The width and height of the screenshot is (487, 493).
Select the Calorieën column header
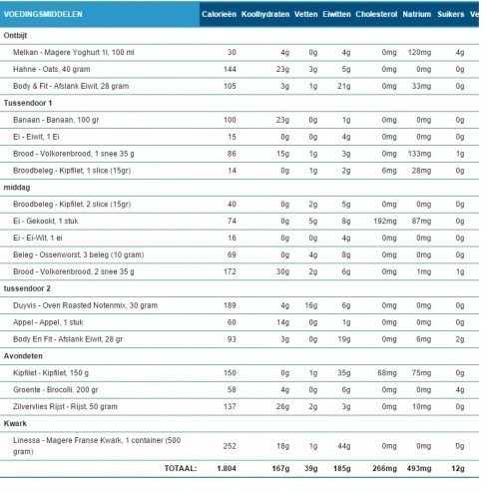coord(219,16)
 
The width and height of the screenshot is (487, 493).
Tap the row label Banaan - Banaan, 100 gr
coord(62,120)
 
